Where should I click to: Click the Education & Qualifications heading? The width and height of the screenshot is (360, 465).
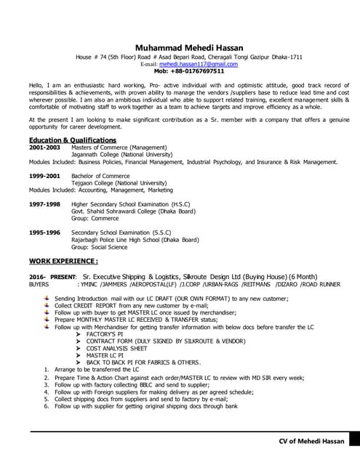72,139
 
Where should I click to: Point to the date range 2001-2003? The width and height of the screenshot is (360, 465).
44,147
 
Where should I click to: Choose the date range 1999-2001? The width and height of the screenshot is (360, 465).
44,177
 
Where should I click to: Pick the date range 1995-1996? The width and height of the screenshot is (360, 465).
44,232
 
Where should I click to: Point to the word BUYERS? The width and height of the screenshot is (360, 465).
39,285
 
